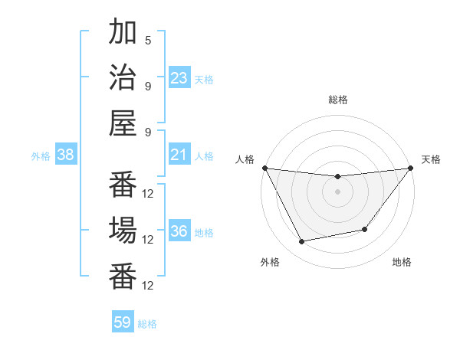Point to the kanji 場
123,230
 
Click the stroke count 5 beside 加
148,41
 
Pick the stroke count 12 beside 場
148,239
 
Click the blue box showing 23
179,78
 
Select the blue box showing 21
179,155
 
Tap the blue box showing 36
179,231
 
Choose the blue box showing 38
66,155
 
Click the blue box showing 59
123,322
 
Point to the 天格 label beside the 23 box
205,80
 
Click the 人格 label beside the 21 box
205,156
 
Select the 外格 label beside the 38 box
41,156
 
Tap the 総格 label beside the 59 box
148,324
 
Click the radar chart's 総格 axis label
338,100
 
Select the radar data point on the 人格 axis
265,168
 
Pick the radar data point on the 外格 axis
302,242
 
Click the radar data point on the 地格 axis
366,229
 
